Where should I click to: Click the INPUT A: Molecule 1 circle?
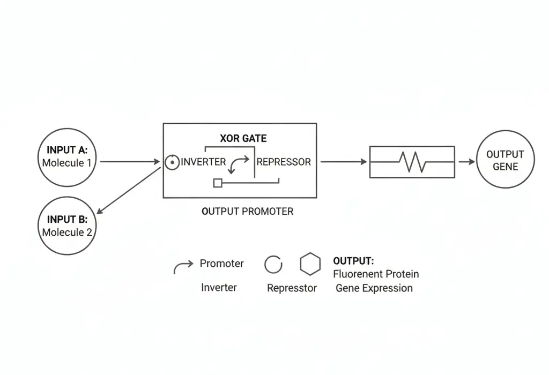(x=67, y=157)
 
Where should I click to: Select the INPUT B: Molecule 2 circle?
(x=67, y=226)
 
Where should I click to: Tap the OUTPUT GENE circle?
(x=505, y=160)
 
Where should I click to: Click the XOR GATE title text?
(x=243, y=138)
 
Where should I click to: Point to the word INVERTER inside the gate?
(x=203, y=162)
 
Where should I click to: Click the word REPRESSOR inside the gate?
(x=284, y=162)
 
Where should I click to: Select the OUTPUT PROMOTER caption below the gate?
(x=247, y=211)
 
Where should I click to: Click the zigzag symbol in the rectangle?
(x=411, y=161)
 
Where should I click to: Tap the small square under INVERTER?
(x=218, y=183)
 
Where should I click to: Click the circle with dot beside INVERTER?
(x=172, y=162)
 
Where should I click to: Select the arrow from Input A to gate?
(x=130, y=161)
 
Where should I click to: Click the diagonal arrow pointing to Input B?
(x=129, y=191)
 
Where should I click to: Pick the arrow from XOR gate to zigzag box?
(x=344, y=161)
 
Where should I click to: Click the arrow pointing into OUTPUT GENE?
(x=467, y=161)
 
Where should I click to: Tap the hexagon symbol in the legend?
(x=310, y=264)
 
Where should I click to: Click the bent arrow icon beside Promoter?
(x=183, y=266)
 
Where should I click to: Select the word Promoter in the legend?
(x=221, y=264)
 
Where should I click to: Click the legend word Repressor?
(x=292, y=288)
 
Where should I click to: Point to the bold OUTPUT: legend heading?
(x=353, y=261)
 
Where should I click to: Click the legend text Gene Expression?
(x=374, y=288)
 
